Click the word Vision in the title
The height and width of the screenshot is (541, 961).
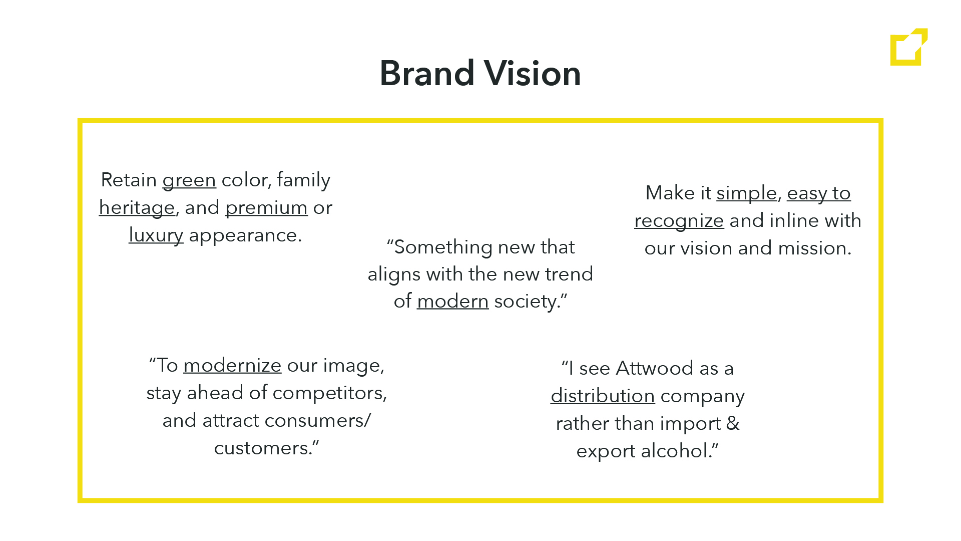click(x=533, y=73)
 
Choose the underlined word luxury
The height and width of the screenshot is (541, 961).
click(x=156, y=235)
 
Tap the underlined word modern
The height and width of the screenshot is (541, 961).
click(x=453, y=301)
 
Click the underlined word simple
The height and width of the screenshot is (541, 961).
click(x=747, y=193)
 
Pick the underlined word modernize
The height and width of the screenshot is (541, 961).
click(x=233, y=365)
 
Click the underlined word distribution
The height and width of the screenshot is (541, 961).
click(x=603, y=396)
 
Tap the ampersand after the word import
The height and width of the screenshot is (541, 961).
click(x=733, y=423)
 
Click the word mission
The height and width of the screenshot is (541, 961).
click(x=814, y=248)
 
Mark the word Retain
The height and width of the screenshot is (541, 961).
click(x=129, y=180)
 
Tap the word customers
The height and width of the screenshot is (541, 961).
click(x=263, y=448)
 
